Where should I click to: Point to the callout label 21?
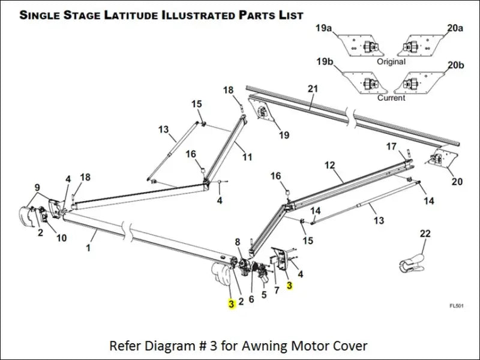click(x=312, y=89)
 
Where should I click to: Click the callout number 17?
click(x=391, y=146)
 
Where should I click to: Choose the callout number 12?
click(x=329, y=164)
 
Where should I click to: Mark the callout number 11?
click(x=247, y=157)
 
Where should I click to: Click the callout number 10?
click(x=61, y=238)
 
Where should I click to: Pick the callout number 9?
click(x=37, y=187)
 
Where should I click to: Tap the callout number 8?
click(x=238, y=242)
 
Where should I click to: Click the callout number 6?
click(x=251, y=299)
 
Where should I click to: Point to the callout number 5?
click(x=263, y=295)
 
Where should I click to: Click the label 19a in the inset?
click(x=323, y=28)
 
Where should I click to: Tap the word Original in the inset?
click(x=391, y=61)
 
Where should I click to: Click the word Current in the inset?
click(x=391, y=97)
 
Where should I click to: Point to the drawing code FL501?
click(x=457, y=306)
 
